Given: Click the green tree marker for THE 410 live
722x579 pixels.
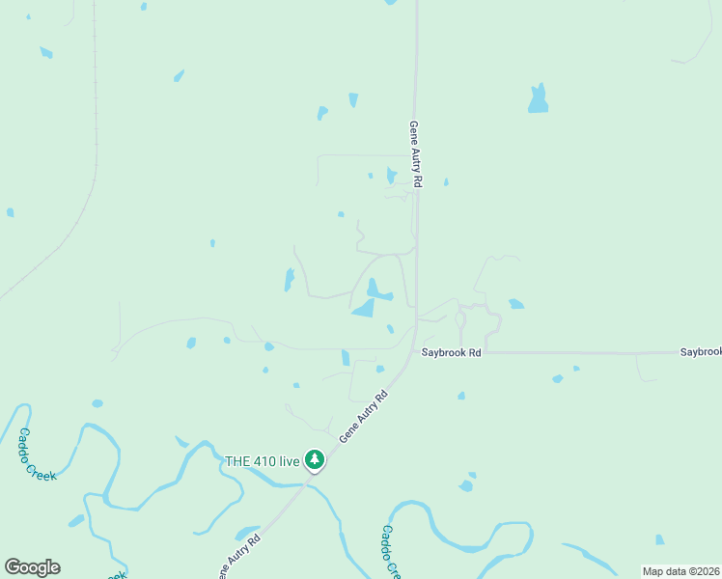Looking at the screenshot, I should (314, 459).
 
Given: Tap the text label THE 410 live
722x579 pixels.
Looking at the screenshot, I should (263, 460).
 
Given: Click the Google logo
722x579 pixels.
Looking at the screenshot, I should (33, 567).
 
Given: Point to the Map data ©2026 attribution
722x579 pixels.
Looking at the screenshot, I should (681, 571).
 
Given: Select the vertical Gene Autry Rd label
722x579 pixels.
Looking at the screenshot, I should (416, 154).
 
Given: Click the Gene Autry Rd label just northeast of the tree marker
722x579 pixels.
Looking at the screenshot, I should (363, 416).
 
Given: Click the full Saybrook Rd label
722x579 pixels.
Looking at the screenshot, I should (451, 353).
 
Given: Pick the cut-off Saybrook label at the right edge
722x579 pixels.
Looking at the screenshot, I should (700, 352).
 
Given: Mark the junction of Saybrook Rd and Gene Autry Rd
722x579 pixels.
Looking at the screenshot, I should (416, 352).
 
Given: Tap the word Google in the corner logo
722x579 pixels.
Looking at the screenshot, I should (33, 567).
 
